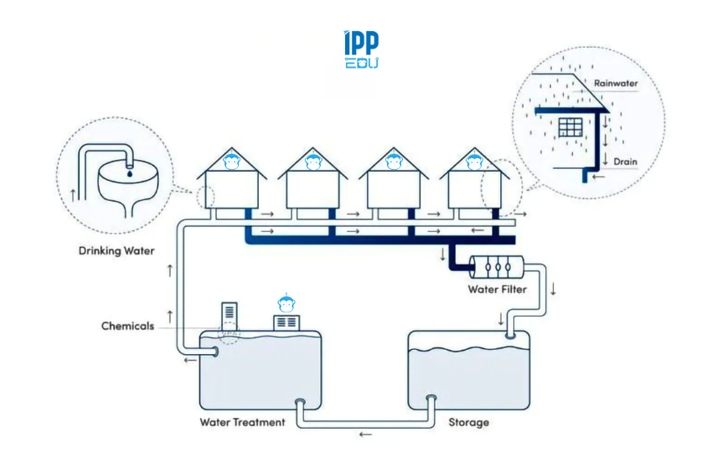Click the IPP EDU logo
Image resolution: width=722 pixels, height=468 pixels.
coord(361,50)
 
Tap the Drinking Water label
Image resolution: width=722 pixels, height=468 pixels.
coord(116,250)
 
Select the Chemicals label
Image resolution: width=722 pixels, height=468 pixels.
coord(127,326)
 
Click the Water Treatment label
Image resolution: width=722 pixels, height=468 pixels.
coord(242,422)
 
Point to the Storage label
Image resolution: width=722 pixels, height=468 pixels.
coord(468,422)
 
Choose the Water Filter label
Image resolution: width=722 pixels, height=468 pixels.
coord(497,290)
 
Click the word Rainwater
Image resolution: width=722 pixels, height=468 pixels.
coord(616,84)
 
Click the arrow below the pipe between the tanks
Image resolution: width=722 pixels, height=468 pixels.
coord(364,435)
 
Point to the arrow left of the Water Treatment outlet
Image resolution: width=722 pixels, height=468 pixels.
coord(191,361)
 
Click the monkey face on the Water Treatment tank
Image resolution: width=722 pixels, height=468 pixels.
coord(286,302)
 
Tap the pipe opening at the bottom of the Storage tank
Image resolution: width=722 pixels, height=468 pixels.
coord(431,399)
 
